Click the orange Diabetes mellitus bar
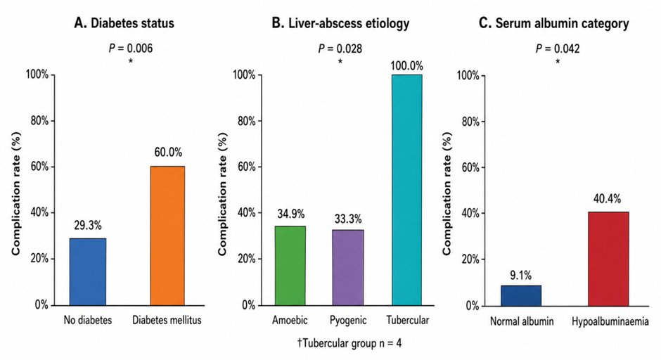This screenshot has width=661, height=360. (x=167, y=236)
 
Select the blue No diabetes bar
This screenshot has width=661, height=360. (x=88, y=271)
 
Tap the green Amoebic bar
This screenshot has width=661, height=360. (x=290, y=266)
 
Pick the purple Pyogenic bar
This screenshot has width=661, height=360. (x=348, y=267)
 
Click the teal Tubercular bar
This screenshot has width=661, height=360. (x=407, y=190)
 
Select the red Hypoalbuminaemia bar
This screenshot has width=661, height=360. (x=608, y=259)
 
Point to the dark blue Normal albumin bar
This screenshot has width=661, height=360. (x=521, y=295)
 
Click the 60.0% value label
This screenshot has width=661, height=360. (x=168, y=152)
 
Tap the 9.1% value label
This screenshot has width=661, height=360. (x=520, y=276)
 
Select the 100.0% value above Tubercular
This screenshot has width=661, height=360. (x=407, y=66)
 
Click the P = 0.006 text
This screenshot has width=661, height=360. (x=131, y=49)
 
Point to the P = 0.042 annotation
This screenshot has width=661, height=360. (x=558, y=49)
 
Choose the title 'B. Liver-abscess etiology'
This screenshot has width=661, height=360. (x=340, y=23)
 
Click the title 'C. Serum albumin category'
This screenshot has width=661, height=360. (x=554, y=23)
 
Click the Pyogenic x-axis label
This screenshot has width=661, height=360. (x=348, y=321)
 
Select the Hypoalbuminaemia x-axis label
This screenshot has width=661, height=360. (x=610, y=322)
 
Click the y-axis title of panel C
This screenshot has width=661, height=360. (x=447, y=193)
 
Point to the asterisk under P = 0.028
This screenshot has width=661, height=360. (x=340, y=62)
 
